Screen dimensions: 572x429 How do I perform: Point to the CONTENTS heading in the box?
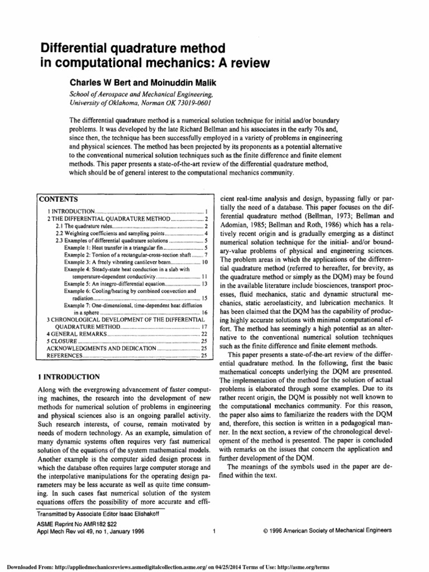tap(59, 199)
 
